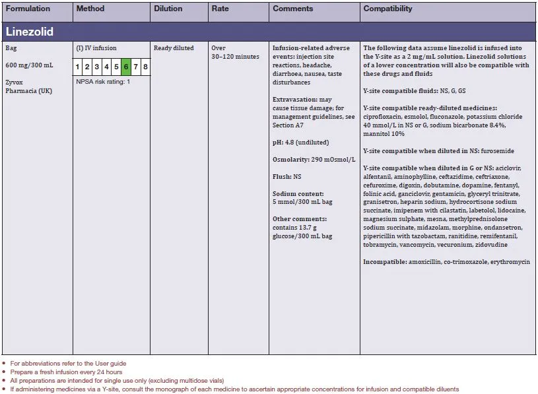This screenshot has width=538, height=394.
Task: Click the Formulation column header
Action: click(x=27, y=9)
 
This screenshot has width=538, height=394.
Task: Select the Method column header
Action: click(x=90, y=9)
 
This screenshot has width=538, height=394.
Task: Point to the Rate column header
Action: click(x=220, y=9)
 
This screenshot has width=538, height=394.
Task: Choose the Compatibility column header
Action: click(x=387, y=9)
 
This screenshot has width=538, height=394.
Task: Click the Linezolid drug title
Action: click(x=30, y=32)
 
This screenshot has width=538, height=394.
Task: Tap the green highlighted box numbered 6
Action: click(x=126, y=67)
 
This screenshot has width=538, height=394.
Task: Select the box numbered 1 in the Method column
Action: click(x=78, y=67)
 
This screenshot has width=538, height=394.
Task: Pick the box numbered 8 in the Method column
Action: click(x=145, y=67)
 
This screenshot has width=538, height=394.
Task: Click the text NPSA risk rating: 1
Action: click(x=103, y=82)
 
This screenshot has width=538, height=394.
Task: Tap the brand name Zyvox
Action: click(x=15, y=82)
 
